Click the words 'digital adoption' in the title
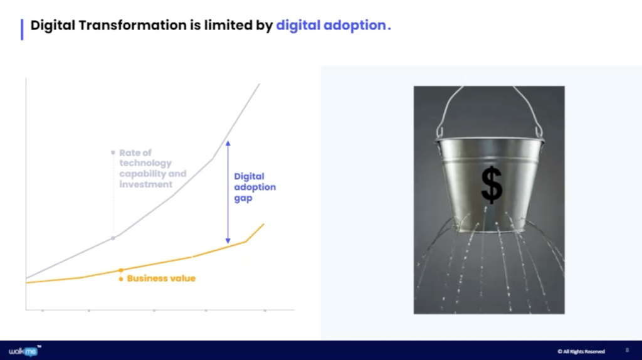tap(331, 26)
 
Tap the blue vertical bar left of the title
tap(22, 29)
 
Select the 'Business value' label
tap(161, 278)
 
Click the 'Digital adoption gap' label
tap(255, 187)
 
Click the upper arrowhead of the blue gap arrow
tap(228, 143)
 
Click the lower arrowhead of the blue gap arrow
tap(228, 241)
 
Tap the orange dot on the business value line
tap(121, 270)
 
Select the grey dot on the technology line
tap(113, 238)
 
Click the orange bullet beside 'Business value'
tap(121, 278)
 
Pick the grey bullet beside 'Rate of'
tap(113, 152)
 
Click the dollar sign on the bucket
tap(492, 185)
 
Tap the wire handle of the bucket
tap(489, 103)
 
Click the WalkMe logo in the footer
tap(23, 351)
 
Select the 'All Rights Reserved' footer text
tap(581, 351)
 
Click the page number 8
tap(627, 350)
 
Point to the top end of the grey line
tap(258, 84)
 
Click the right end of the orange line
tap(263, 224)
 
